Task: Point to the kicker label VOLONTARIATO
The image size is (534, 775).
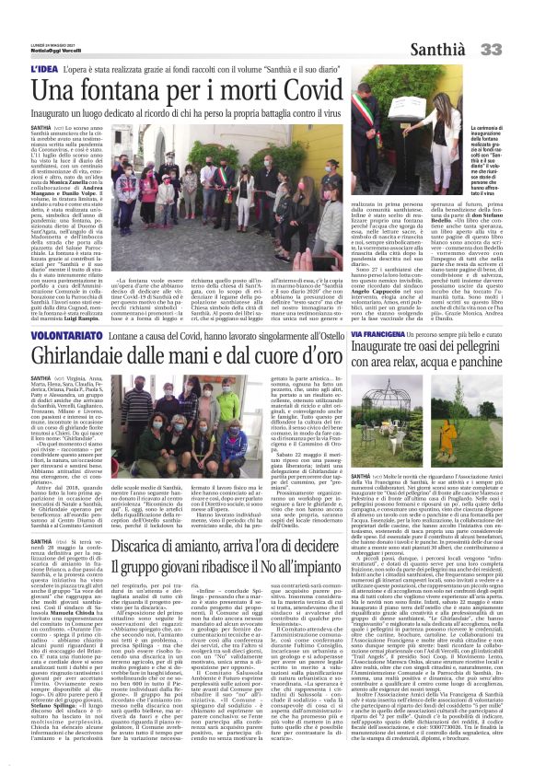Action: coord(60,340)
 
